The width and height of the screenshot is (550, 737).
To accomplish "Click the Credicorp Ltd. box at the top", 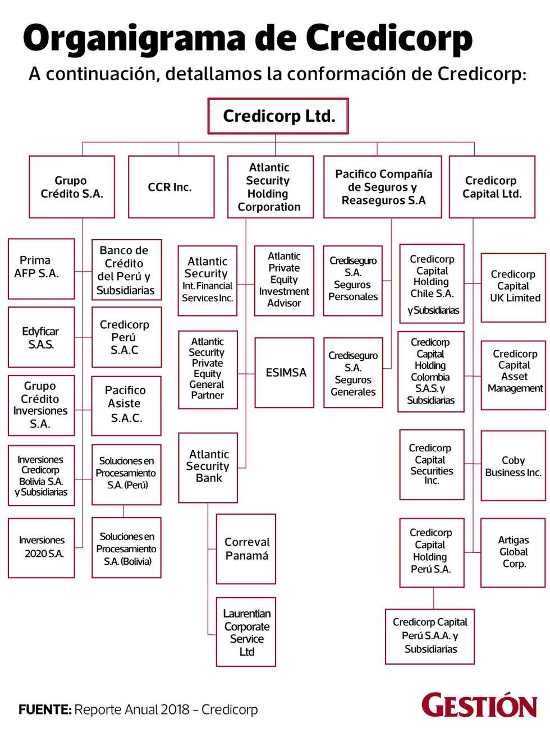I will click(278, 116).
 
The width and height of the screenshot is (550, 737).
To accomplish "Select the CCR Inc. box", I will click(171, 187).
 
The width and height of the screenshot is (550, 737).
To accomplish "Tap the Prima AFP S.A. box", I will click(41, 268).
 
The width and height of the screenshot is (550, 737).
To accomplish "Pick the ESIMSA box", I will click(284, 372).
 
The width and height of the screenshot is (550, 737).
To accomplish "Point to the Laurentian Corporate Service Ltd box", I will click(246, 632).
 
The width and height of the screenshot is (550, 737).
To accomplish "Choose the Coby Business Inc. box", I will click(513, 466).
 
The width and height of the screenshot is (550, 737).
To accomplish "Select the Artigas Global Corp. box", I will click(513, 552).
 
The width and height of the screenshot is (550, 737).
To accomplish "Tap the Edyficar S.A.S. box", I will click(41, 337).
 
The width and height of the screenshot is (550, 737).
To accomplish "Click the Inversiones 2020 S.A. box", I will click(41, 547).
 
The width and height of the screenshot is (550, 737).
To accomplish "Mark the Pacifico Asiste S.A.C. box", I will click(126, 405).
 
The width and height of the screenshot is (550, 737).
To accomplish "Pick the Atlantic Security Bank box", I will click(208, 467).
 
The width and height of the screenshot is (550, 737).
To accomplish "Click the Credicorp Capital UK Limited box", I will click(513, 286).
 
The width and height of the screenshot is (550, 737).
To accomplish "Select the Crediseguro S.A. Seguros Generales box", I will click(353, 373).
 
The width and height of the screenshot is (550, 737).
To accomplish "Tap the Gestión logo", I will click(479, 706).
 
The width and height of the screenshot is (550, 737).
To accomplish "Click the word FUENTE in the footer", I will click(44, 709).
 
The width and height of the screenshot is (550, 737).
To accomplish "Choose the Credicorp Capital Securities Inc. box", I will click(431, 465).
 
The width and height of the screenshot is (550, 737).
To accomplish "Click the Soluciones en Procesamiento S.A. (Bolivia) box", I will click(126, 548).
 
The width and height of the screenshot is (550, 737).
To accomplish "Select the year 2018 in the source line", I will click(174, 709).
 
